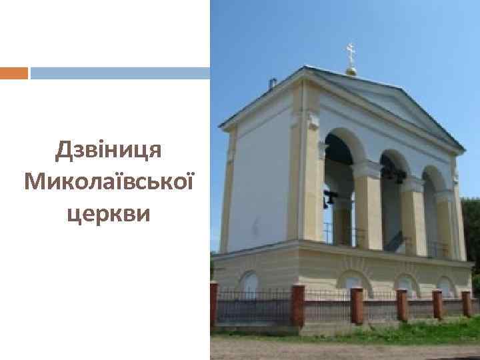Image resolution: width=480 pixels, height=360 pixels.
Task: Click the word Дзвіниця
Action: tap(109, 150)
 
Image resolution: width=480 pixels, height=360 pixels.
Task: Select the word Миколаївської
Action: tap(109, 180)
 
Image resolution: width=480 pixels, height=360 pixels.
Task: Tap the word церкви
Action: tap(109, 213)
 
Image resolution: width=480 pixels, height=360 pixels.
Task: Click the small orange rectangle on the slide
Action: tap(13, 73)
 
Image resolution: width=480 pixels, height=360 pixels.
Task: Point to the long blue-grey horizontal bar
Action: tap(120, 73)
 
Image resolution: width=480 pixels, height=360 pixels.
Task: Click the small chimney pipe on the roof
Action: tap(272, 83)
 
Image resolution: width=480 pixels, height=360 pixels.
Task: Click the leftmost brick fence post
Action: tap(214, 303)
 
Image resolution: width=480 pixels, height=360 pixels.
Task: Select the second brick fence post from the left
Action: tap(298, 305)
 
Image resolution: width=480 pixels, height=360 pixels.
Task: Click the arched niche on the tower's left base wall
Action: tap(248, 283)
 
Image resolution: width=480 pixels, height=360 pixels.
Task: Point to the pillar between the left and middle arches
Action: tap(368, 207)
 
